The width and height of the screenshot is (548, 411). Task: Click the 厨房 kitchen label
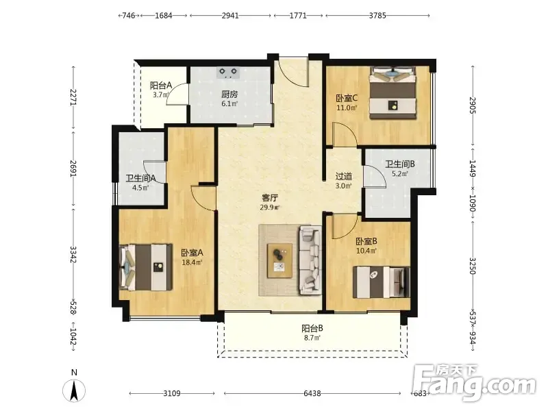tap(229, 95)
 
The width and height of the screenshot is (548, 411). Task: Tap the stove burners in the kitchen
tap(228, 73)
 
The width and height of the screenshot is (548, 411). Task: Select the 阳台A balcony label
tap(161, 86)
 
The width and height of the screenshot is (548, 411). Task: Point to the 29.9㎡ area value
tap(270, 208)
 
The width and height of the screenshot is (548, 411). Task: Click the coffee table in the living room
tap(279, 261)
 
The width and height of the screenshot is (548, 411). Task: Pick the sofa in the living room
tap(310, 260)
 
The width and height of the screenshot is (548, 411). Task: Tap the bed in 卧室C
tap(393, 93)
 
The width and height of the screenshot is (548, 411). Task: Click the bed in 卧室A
tap(146, 267)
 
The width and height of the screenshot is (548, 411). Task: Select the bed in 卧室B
tap(381, 282)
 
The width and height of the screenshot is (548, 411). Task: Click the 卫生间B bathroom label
tap(400, 164)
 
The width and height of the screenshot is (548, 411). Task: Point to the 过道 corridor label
tap(344, 177)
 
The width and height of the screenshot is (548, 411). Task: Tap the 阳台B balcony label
tap(312, 329)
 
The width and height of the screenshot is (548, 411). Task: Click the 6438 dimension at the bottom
tap(312, 393)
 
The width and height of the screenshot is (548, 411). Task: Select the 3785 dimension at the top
tap(377, 15)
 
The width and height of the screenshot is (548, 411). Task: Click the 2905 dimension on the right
tap(473, 105)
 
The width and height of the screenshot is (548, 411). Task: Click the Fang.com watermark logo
tap(474, 383)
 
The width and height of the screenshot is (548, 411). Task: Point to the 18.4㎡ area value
tap(192, 262)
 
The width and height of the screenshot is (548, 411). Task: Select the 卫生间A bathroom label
tap(140, 179)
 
